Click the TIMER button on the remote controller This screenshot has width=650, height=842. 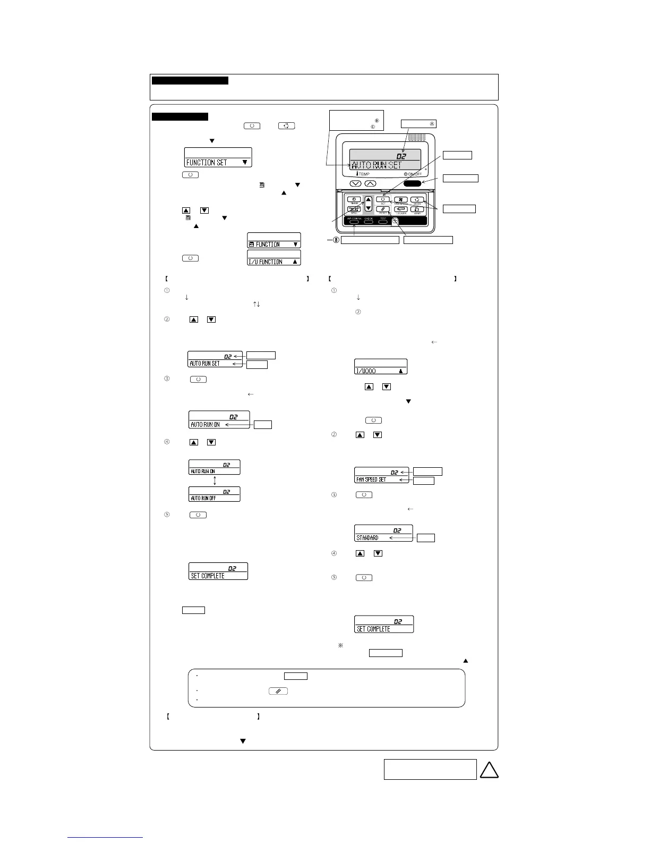[354, 200]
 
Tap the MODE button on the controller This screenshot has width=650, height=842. [417, 200]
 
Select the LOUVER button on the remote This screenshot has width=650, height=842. [401, 209]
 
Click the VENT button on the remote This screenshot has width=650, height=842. [417, 209]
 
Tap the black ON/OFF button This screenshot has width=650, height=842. [413, 183]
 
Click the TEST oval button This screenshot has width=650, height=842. [383, 222]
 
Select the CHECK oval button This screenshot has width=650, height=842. [369, 222]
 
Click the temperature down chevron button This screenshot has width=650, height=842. [356, 183]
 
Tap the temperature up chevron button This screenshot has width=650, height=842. [371, 183]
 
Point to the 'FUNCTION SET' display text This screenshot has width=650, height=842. [207, 163]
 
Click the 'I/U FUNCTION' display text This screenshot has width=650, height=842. [266, 262]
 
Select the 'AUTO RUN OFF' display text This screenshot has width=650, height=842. [203, 498]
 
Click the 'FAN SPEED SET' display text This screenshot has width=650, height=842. [371, 479]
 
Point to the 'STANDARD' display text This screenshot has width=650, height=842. [367, 537]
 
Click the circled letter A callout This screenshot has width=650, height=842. [432, 124]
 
